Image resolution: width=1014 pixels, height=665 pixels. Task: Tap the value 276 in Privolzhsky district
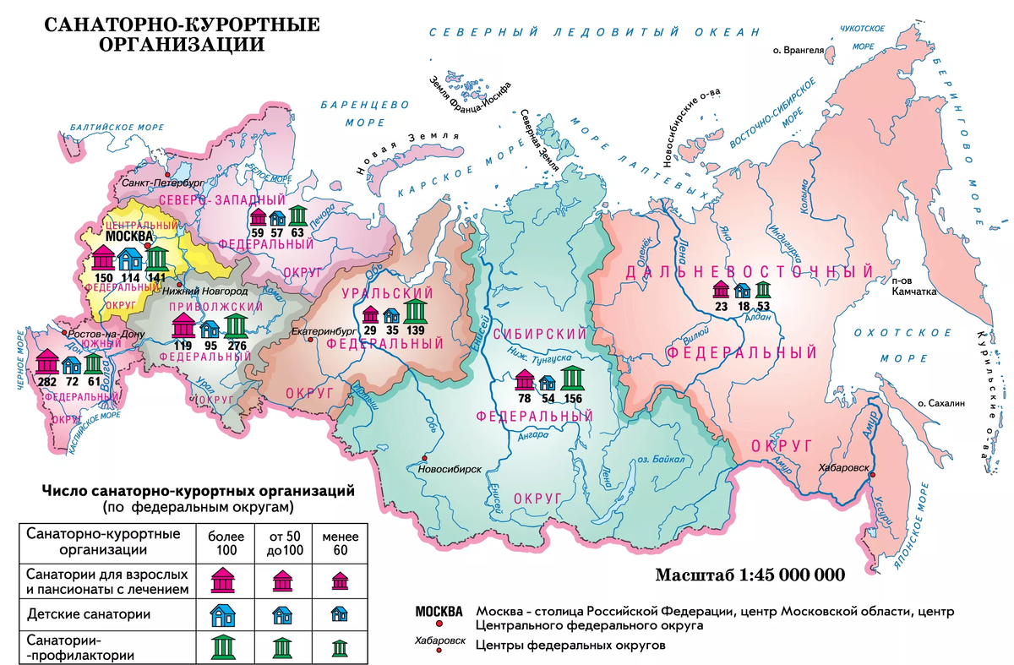(x=237, y=345)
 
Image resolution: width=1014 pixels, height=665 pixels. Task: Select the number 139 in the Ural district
(x=415, y=330)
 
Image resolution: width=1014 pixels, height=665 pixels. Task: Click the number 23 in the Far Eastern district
(x=722, y=308)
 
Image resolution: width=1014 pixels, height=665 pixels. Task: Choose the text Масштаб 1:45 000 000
(x=750, y=575)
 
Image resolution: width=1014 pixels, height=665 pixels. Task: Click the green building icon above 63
(x=297, y=216)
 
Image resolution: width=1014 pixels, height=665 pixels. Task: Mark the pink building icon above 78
(x=525, y=380)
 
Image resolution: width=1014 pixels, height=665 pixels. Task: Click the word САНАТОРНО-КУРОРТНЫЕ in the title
(x=182, y=25)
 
